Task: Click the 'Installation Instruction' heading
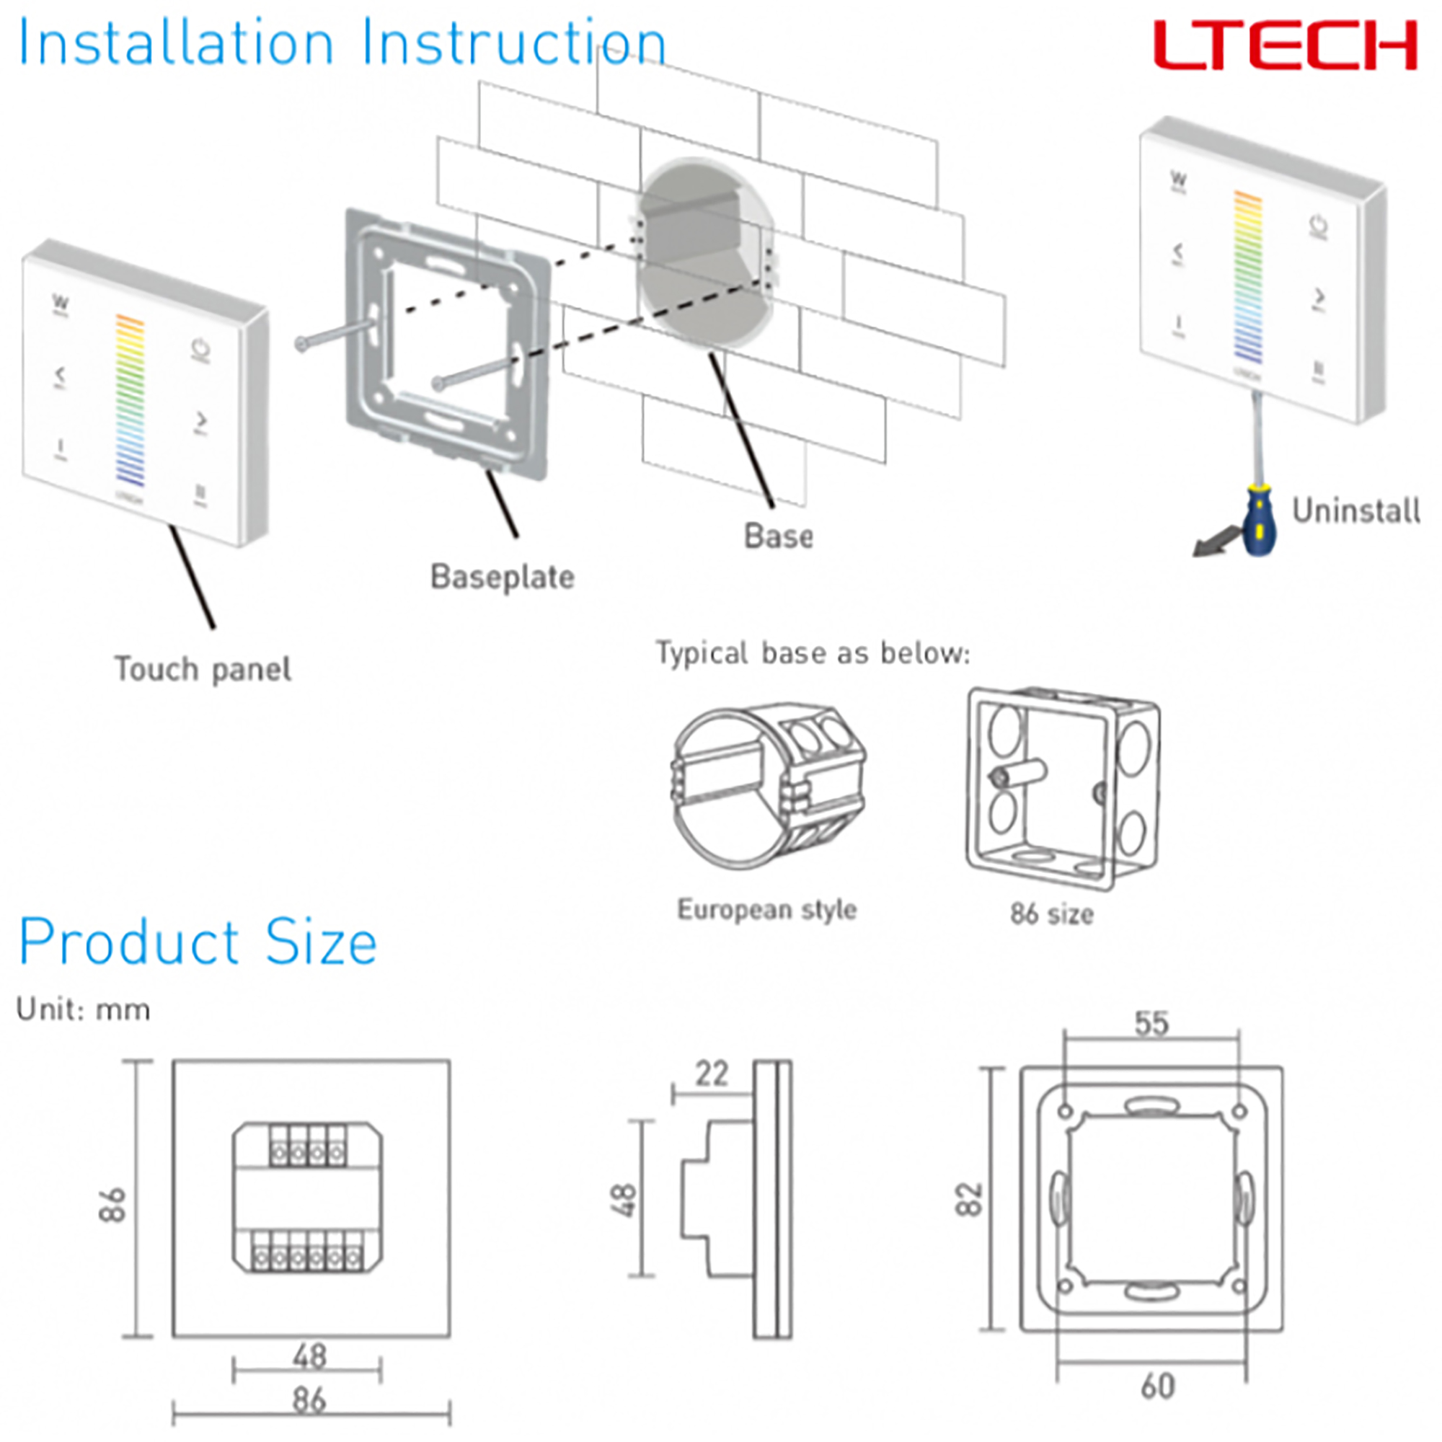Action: [x=342, y=43]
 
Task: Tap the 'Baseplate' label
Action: [x=503, y=577]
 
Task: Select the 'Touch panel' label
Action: [x=203, y=669]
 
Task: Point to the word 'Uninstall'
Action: [x=1355, y=511]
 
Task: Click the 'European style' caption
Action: [x=766, y=909]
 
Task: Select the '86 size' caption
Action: [x=1052, y=914]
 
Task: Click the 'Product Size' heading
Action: [x=198, y=942]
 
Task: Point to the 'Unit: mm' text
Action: [x=83, y=1010]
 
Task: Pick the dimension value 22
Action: [x=712, y=1074]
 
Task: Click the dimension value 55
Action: [x=1151, y=1023]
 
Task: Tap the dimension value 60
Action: [x=1158, y=1386]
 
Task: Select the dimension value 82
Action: [x=970, y=1200]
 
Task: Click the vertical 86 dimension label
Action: [x=112, y=1205]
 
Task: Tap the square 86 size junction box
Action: [x=1062, y=788]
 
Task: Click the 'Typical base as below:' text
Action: [x=813, y=653]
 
